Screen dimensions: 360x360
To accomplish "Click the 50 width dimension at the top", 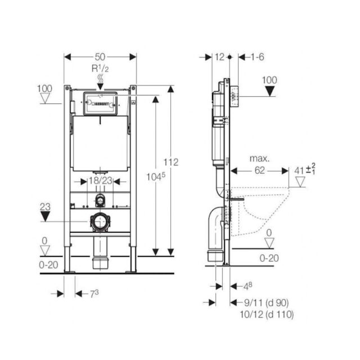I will (101, 57).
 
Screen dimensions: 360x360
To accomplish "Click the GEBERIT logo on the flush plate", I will (101, 103).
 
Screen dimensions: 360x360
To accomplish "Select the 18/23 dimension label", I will (101, 181).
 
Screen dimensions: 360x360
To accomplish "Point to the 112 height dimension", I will (171, 162).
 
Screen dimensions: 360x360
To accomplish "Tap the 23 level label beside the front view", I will (44, 206).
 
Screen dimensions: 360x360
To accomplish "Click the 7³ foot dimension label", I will (83, 294).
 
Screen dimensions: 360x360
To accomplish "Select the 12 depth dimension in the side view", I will (219, 57).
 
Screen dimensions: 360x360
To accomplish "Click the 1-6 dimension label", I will (258, 57).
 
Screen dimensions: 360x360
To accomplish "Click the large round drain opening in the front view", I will (100, 222).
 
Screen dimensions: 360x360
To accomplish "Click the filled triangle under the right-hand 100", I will (271, 91).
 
